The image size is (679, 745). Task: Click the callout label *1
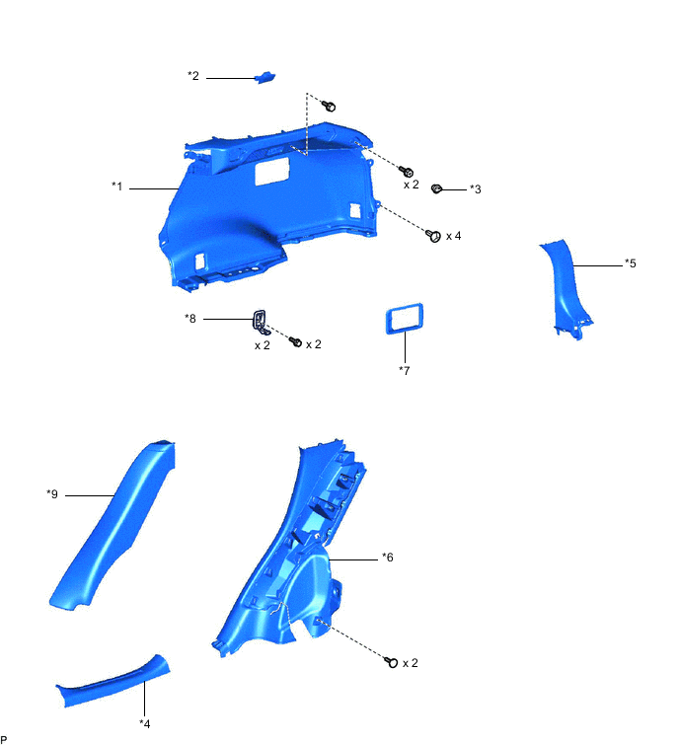(117, 186)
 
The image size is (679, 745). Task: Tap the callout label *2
(193, 76)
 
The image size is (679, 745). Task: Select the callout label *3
(475, 188)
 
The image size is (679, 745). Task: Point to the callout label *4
(145, 723)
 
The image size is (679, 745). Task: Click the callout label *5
(630, 263)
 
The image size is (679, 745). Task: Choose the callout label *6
(388, 558)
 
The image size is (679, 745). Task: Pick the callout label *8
(190, 318)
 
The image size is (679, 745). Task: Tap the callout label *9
(52, 493)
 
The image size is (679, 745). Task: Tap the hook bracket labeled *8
(261, 319)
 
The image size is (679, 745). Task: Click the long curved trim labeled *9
(118, 528)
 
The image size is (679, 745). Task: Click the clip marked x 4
(431, 235)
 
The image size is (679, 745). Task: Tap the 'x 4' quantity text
(454, 236)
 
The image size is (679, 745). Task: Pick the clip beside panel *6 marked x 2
(393, 662)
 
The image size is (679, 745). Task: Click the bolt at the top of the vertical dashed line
(331, 105)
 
